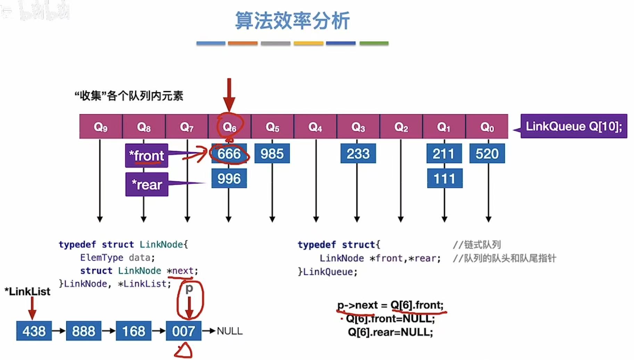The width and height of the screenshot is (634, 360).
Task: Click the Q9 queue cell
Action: click(101, 127)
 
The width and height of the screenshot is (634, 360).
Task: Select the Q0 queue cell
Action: click(487, 127)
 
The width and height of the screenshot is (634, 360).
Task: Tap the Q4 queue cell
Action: click(315, 127)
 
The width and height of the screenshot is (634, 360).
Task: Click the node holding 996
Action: click(229, 179)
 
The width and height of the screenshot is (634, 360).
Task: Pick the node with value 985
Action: click(272, 154)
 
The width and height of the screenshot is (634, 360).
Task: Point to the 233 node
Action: click(358, 154)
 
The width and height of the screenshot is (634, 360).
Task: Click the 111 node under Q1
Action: click(444, 179)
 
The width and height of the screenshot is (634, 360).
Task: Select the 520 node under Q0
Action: click(487, 154)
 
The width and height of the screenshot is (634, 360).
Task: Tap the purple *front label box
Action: click(147, 155)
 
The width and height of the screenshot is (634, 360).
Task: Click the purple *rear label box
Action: click(147, 185)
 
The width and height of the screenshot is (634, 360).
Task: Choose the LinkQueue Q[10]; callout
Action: click(574, 126)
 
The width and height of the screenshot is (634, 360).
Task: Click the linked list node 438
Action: click(34, 331)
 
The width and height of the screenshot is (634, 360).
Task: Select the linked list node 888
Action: click(84, 331)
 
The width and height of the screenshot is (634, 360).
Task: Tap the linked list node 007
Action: click(183, 331)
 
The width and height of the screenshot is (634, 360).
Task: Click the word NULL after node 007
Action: click(230, 331)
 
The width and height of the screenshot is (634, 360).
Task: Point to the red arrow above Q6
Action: click(229, 94)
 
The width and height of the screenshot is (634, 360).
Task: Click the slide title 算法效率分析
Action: click(292, 21)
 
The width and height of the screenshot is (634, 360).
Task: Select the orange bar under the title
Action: click(243, 43)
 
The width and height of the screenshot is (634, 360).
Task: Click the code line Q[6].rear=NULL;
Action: click(390, 332)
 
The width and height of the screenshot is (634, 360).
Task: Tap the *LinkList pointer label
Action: click(27, 291)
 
